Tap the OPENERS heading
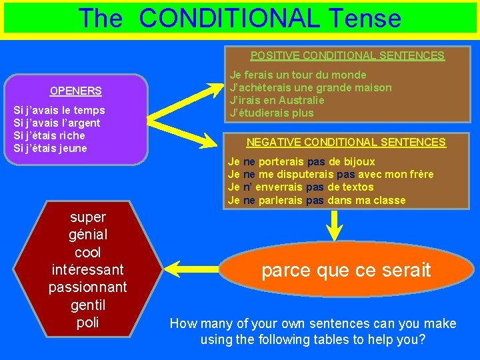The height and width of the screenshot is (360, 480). pyautogui.click(x=76, y=91)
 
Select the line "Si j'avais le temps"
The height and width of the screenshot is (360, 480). pyautogui.click(x=59, y=110)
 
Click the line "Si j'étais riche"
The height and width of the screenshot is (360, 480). pyautogui.click(x=49, y=135)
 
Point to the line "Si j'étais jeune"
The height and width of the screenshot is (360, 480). pyautogui.click(x=51, y=148)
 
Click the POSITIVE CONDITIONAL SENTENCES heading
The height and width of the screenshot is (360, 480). pyautogui.click(x=347, y=56)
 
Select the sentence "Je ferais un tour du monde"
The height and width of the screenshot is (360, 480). pyautogui.click(x=297, y=75)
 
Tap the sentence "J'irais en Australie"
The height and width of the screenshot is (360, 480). pyautogui.click(x=277, y=100)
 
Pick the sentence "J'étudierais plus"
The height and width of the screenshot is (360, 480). pyautogui.click(x=271, y=113)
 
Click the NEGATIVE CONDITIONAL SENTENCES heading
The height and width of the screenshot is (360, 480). pyautogui.click(x=346, y=142)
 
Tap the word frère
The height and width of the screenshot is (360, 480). pyautogui.click(x=419, y=174)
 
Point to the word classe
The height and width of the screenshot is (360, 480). pyautogui.click(x=389, y=200)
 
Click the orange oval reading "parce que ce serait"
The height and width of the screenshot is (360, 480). pyautogui.click(x=346, y=270)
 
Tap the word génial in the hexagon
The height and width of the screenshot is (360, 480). pyautogui.click(x=87, y=235)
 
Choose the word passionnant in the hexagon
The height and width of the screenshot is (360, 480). pyautogui.click(x=87, y=287)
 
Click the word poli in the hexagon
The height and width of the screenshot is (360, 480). pyautogui.click(x=87, y=323)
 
